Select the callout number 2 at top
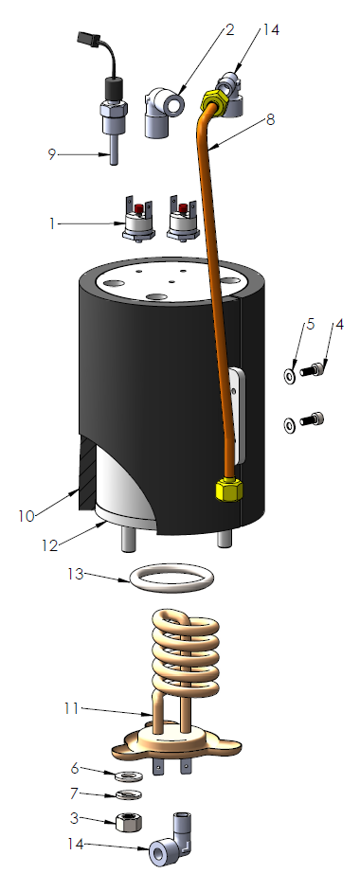[228, 30]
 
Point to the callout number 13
[77, 574]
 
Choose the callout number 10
[25, 515]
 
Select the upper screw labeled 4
[313, 373]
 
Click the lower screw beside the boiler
[313, 419]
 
